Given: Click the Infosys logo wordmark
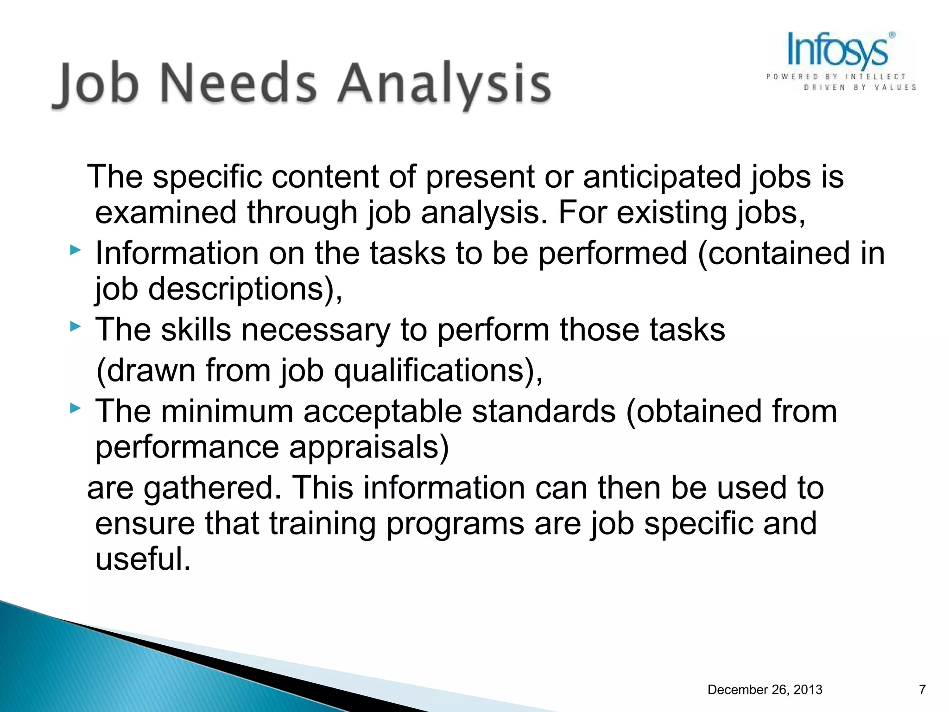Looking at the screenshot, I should pos(838,50).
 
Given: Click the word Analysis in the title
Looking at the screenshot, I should pos(444,83).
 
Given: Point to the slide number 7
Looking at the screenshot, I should pos(922,690).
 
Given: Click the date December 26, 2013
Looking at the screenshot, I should pos(765,690).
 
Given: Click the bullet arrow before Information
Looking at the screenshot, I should pos(75,251).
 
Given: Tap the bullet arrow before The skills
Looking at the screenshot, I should pos(75,327).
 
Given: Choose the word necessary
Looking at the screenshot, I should pos(315,330).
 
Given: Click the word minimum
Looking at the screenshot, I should pos(227,412).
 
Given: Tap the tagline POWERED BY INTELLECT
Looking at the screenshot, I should pos(835,76).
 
